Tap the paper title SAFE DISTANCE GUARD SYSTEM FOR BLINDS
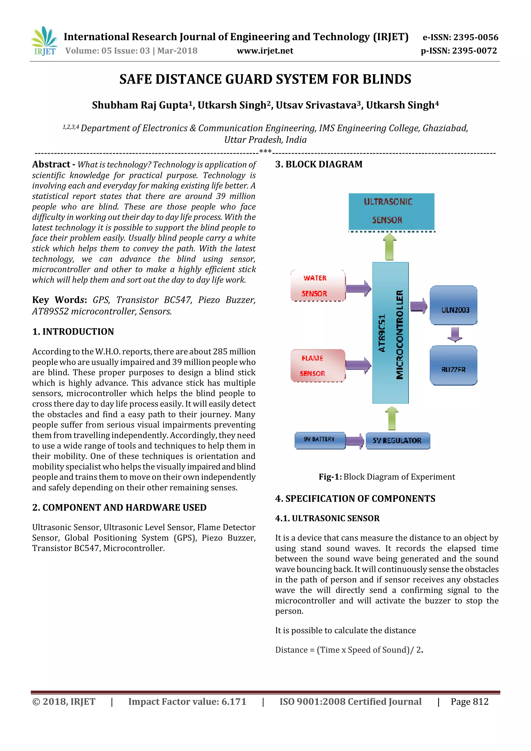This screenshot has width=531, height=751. [265, 79]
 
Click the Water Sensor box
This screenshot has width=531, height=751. [318, 286]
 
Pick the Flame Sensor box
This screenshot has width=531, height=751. [318, 365]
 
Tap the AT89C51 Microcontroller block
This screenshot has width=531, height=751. [390, 333]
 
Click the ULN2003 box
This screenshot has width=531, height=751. [453, 305]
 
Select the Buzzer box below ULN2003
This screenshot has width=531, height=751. [453, 365]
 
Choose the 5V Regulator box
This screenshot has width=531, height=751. [397, 441]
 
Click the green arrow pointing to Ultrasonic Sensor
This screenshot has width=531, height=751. [389, 247]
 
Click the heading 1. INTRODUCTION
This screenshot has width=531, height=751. [73, 332]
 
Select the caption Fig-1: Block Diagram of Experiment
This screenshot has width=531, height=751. [387, 477]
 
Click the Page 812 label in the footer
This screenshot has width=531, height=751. [470, 702]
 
